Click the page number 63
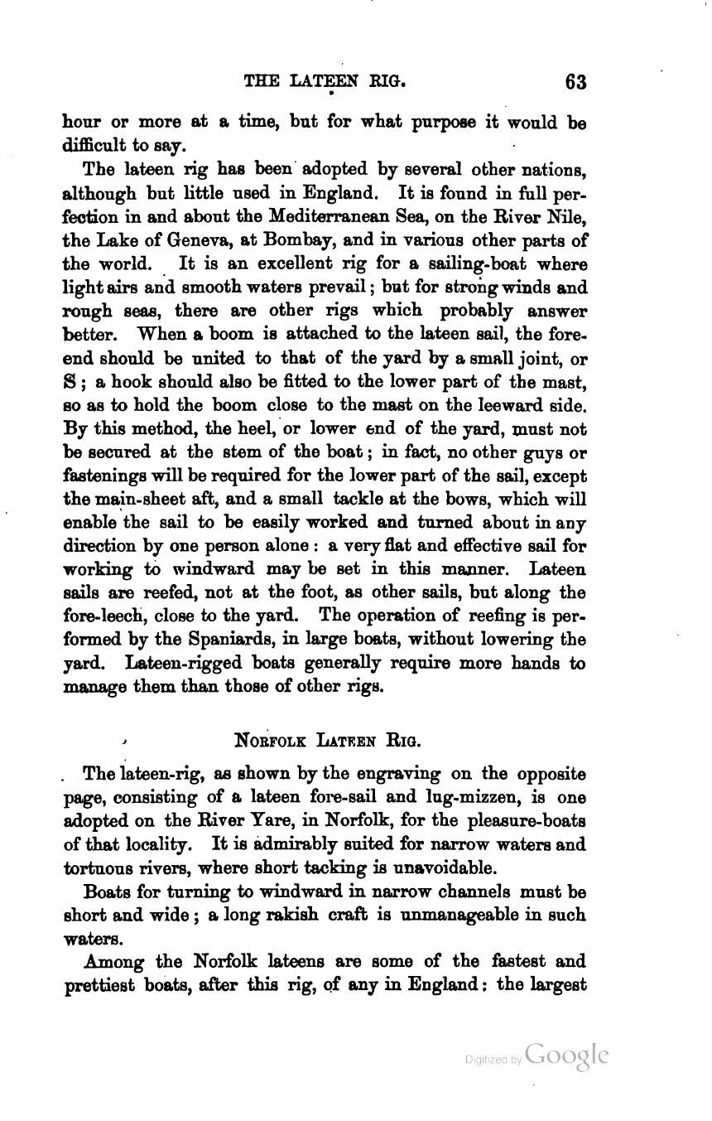(575, 82)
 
